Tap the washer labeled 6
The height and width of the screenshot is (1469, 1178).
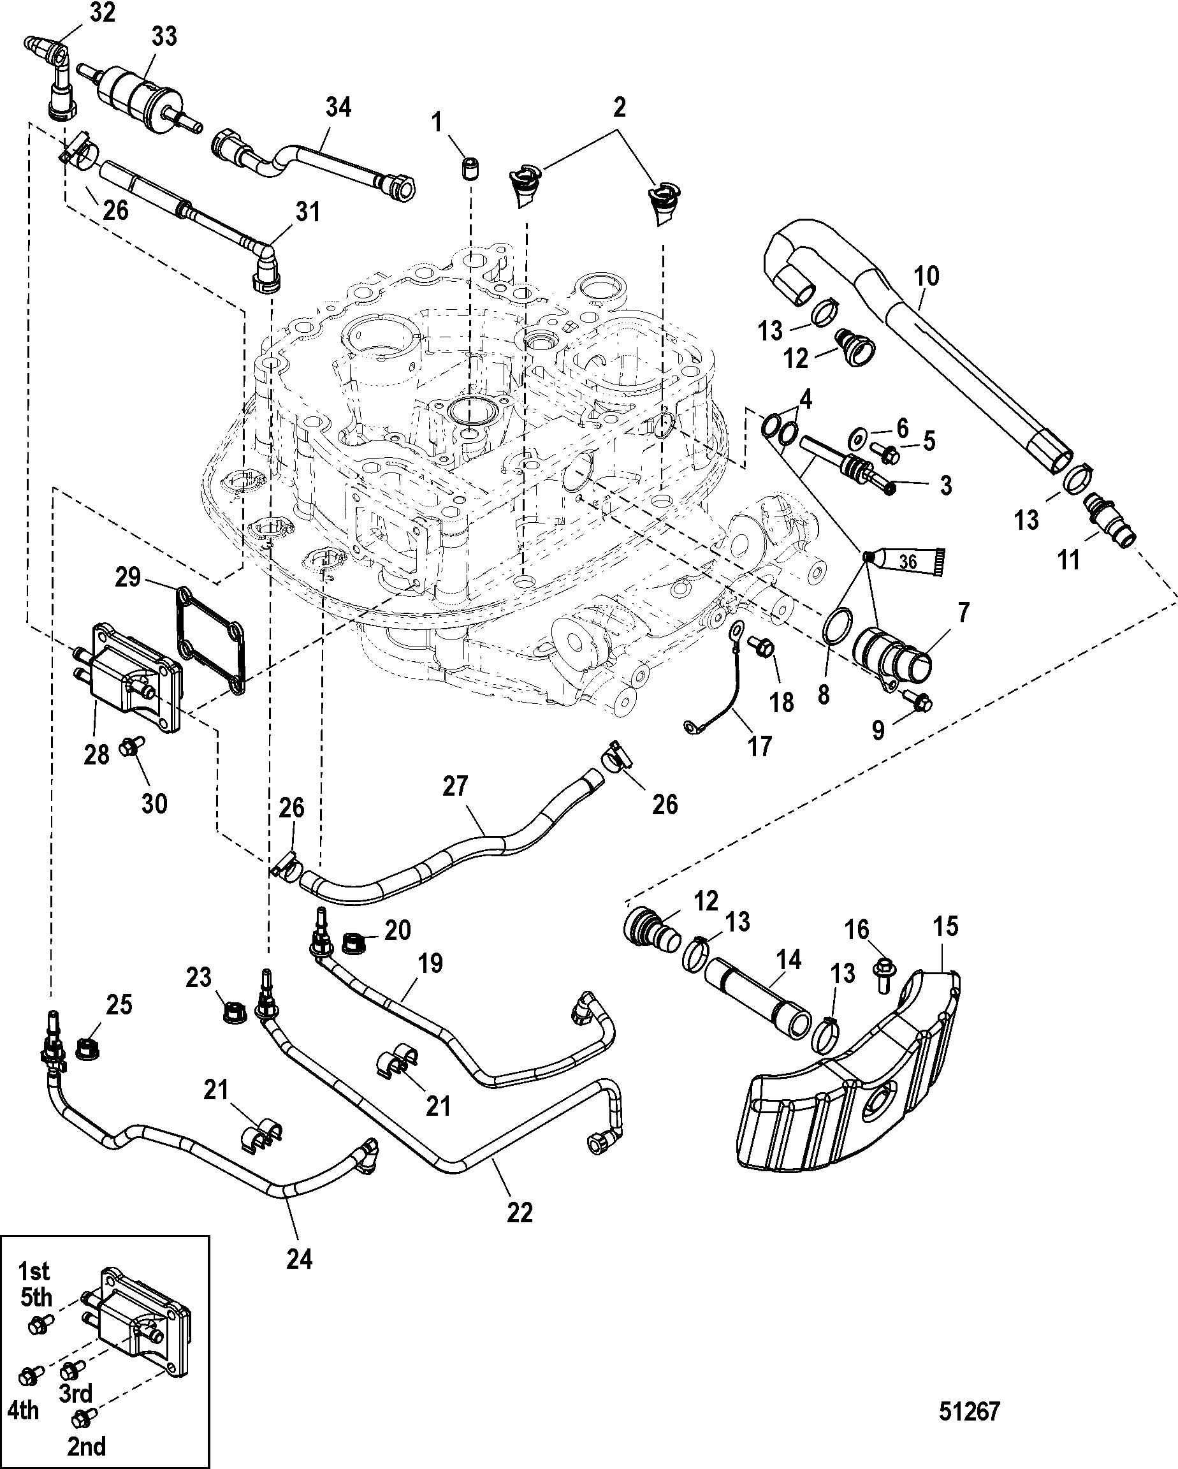point(858,434)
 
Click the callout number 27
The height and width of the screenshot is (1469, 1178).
point(455,786)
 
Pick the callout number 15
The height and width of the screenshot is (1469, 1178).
point(947,926)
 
